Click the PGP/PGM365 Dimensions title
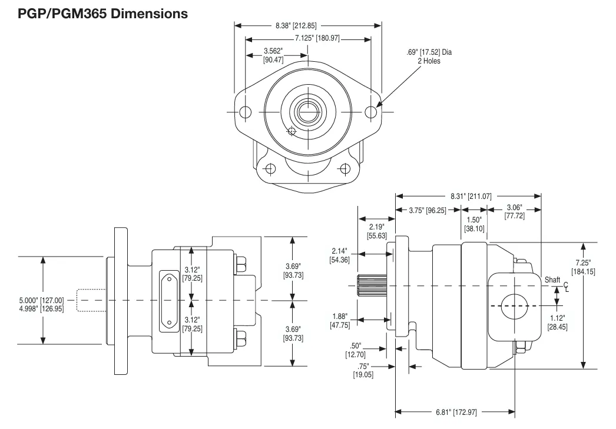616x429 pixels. coord(95,12)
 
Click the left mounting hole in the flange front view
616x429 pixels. coord(246,112)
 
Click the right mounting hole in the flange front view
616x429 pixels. coord(370,112)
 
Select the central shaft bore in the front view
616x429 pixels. coord(308,111)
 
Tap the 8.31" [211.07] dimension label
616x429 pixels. coord(468,196)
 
